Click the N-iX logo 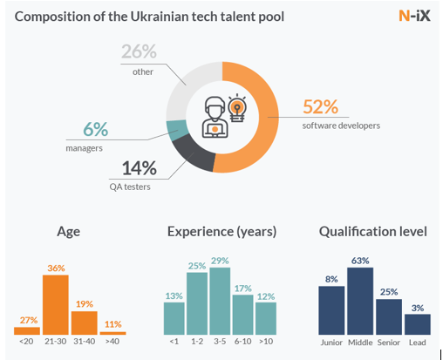[414, 16]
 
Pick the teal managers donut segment [176, 130]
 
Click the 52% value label [321, 106]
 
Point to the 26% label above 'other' [139, 51]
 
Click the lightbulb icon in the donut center [237, 107]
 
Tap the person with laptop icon [215, 117]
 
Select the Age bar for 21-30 [56, 304]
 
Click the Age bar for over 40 [112, 333]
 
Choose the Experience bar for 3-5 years [220, 301]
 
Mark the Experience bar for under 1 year [174, 318]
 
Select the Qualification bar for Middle [360, 301]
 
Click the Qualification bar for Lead [418, 324]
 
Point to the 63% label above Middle [360, 261]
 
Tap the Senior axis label [389, 343]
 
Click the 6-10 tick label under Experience [242, 342]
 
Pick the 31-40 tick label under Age [84, 342]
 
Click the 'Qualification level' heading [373, 232]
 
